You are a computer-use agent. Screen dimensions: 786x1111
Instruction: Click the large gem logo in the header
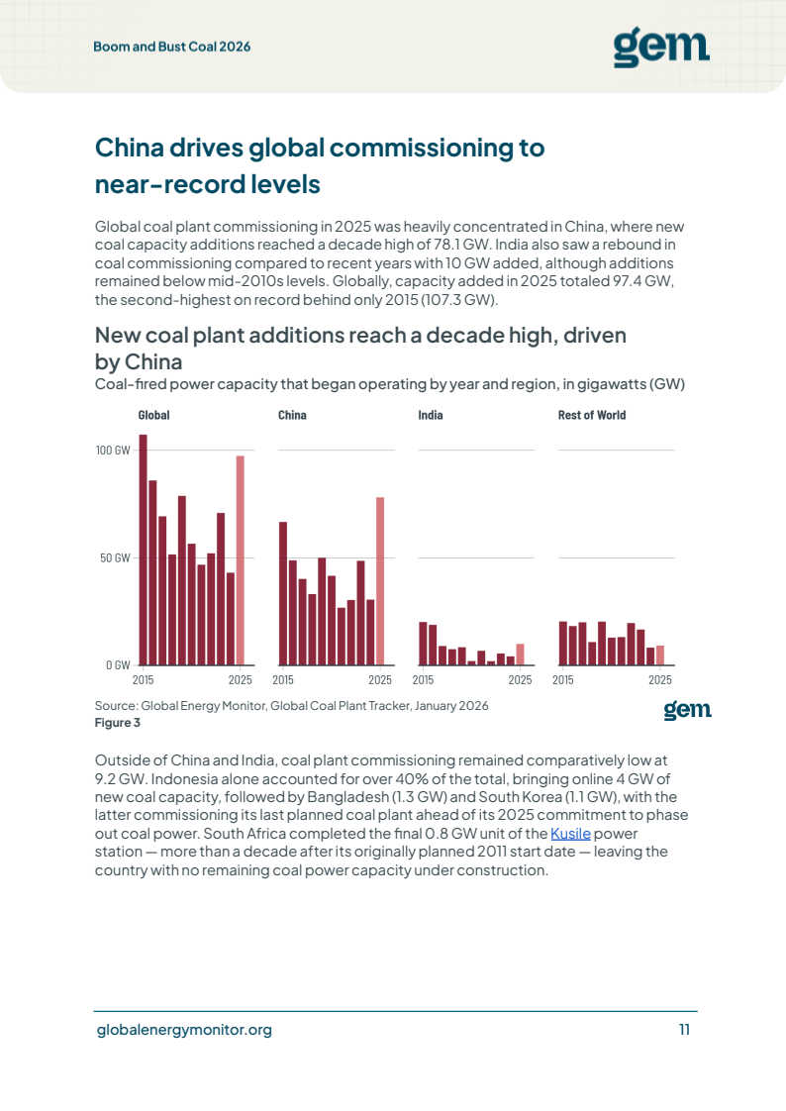(661, 48)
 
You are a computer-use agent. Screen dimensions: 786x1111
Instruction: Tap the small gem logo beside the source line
(688, 710)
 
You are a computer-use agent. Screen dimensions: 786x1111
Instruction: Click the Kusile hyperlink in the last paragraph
(570, 834)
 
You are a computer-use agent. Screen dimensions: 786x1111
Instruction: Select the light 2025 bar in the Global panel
(240, 560)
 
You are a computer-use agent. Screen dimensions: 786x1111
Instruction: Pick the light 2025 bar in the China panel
(380, 581)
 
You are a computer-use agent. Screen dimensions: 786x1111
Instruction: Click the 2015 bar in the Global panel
(143, 550)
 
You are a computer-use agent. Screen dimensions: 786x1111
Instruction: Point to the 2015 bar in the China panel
(283, 594)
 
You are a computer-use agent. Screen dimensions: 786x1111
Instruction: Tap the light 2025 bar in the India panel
(520, 655)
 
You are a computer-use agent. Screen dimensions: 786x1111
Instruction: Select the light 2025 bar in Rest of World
(660, 656)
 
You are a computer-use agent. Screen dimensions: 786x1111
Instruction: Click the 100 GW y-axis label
(113, 451)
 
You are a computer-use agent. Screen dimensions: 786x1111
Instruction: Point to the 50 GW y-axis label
(116, 558)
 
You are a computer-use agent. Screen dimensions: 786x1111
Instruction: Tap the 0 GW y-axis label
(118, 665)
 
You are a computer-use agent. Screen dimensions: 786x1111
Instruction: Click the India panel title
(431, 415)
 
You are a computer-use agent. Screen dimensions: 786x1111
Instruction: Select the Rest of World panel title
(592, 415)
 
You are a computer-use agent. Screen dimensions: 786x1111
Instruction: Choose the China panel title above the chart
(292, 415)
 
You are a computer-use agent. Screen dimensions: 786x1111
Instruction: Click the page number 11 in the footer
(684, 1030)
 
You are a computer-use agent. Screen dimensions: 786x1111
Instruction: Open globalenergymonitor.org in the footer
(184, 1030)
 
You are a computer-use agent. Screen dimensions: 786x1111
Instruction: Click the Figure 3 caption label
(118, 723)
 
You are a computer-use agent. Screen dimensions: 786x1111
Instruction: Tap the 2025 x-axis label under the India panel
(520, 680)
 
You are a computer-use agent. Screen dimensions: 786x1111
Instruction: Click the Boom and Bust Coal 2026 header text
(172, 47)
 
